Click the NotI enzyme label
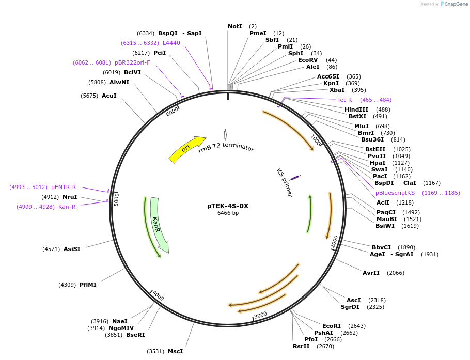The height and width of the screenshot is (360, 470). tap(235, 26)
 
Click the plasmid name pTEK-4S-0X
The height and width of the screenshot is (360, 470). tap(228, 206)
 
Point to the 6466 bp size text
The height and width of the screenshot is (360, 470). tap(228, 213)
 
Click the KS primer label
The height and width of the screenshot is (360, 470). tap(284, 182)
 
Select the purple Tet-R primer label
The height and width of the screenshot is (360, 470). tap(344, 100)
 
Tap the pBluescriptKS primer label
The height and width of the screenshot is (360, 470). tap(395, 193)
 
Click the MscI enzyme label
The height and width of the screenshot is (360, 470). tap(175, 351)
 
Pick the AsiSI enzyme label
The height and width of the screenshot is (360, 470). tap(72, 249)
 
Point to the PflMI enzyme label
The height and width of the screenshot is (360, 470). tap(88, 285)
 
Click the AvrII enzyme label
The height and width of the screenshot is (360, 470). tap(371, 273)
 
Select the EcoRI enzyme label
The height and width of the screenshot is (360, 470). tap(332, 326)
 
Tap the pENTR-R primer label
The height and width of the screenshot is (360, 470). tap(64, 187)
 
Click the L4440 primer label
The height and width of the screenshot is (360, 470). tap(171, 43)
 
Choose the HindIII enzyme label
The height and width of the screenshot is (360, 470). tap(356, 109)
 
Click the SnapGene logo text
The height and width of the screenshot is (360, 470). tap(456, 4)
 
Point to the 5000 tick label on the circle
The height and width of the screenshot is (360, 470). tap(117, 198)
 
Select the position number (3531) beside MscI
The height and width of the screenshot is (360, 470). tap(155, 351)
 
